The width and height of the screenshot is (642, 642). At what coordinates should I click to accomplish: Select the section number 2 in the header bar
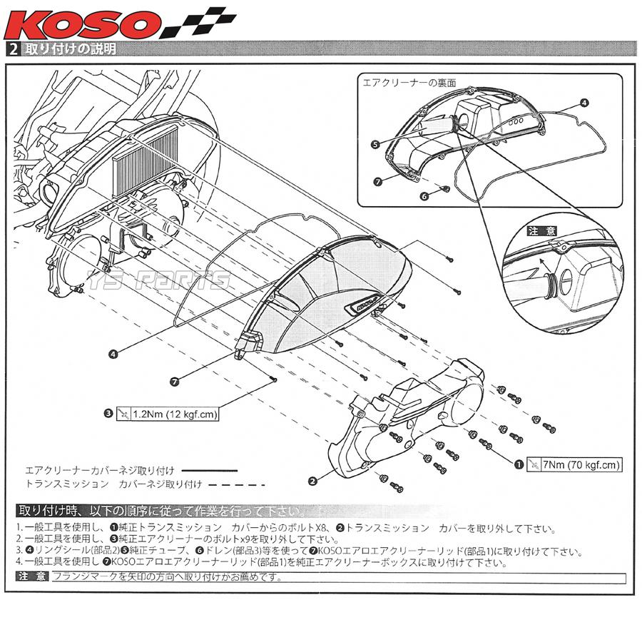coord(14,50)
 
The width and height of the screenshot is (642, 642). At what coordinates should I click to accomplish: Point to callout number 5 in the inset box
coord(375,143)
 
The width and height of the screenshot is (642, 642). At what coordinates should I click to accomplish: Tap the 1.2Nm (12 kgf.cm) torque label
coord(166,414)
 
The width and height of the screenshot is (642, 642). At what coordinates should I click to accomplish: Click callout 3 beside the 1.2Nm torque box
coord(108,413)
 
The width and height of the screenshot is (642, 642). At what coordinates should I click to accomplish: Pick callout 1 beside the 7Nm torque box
coord(519,464)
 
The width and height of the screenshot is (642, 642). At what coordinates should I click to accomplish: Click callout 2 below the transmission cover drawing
coord(312,481)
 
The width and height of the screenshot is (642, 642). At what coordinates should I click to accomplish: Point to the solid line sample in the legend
coord(210,471)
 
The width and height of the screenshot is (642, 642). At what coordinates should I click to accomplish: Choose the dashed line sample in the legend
coord(235,484)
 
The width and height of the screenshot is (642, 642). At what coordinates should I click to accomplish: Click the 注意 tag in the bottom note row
coord(31,576)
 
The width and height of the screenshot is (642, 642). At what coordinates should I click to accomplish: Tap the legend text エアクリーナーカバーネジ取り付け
coord(100,471)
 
